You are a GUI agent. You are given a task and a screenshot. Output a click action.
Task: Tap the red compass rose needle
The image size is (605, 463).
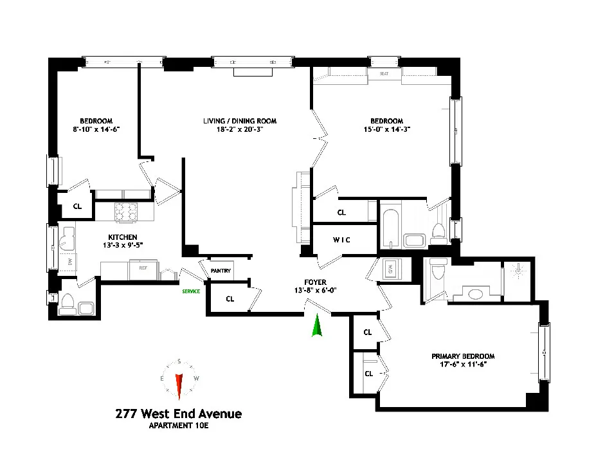point(179,384)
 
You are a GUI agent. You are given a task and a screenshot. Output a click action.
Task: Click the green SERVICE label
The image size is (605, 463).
point(190,291)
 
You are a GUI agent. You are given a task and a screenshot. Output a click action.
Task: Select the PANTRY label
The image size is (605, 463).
point(221,271)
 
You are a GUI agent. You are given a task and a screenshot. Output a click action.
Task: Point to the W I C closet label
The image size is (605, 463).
point(341,241)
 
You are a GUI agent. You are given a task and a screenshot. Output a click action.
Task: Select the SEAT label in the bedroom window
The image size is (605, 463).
point(384,74)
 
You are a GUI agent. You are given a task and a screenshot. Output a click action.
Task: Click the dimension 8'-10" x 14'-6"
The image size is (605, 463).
point(96,129)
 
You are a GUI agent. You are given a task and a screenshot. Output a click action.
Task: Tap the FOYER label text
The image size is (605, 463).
point(316,282)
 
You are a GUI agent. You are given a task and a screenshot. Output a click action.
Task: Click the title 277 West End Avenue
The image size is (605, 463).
point(177,413)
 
